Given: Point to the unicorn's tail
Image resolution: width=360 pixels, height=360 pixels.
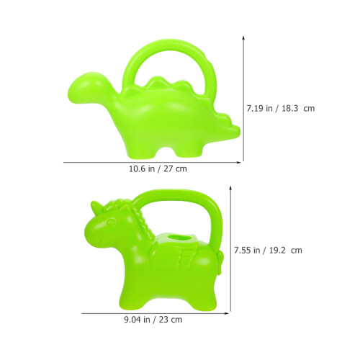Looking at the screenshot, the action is coord(220,261).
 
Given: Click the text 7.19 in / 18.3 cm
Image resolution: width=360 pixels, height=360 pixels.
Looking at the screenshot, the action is coord(281,108).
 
